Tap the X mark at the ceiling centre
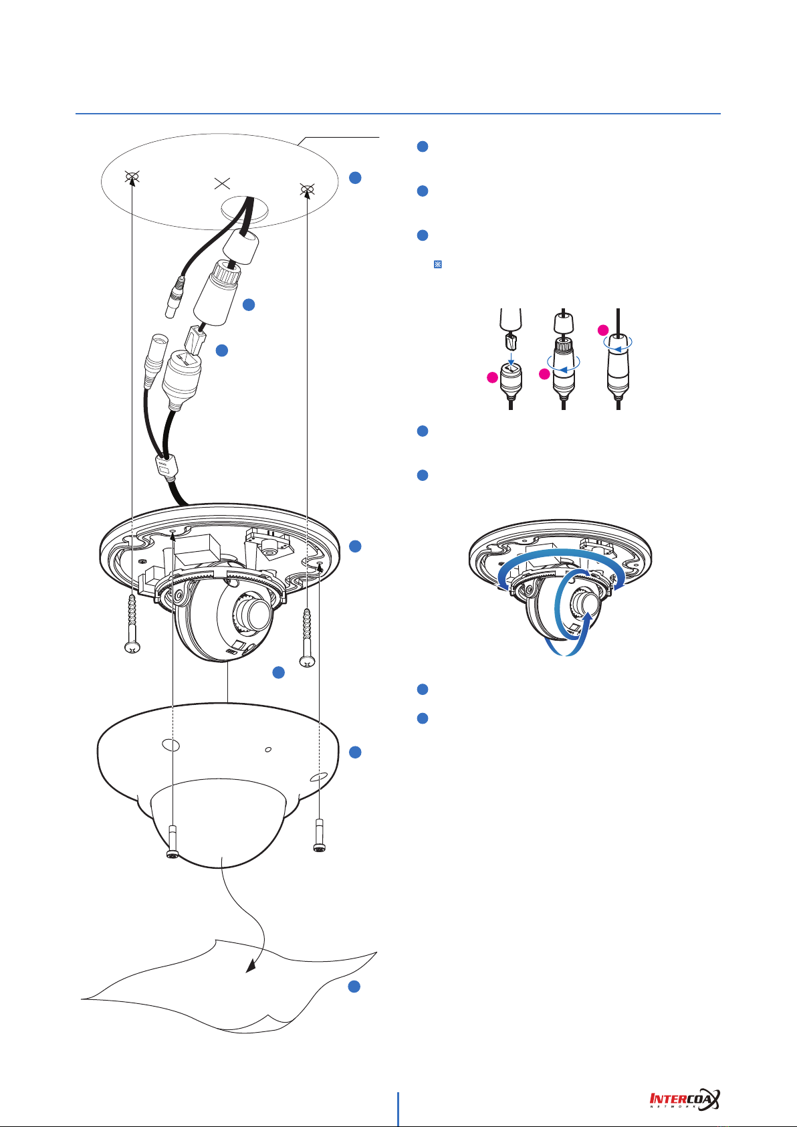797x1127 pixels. click(221, 184)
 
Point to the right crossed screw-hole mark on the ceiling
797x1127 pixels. click(307, 190)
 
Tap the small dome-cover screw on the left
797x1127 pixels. click(173, 842)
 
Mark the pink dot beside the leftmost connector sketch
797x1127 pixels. click(492, 379)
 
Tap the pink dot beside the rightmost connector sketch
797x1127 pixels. click(602, 330)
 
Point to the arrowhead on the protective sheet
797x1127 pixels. click(251, 967)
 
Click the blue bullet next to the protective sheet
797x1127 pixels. click(355, 987)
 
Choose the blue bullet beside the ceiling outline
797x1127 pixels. click(355, 177)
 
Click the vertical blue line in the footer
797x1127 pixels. click(399, 1109)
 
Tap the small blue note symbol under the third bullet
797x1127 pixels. click(439, 265)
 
